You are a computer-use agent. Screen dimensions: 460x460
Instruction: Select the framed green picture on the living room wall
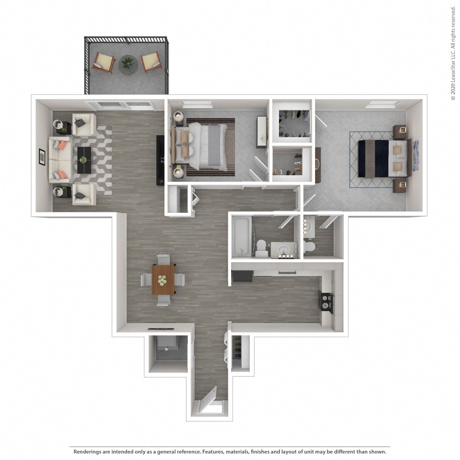coord(42,158)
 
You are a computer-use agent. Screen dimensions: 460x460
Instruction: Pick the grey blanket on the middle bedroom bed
coord(214,146)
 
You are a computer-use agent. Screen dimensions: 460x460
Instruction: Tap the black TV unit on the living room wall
coord(160,160)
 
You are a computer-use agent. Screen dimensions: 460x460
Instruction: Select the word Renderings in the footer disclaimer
coord(88,452)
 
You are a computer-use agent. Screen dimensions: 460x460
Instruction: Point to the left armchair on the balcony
coord(103,62)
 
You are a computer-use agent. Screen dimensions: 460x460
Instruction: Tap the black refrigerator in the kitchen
coord(242,276)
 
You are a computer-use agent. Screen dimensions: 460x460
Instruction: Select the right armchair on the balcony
coord(151,62)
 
